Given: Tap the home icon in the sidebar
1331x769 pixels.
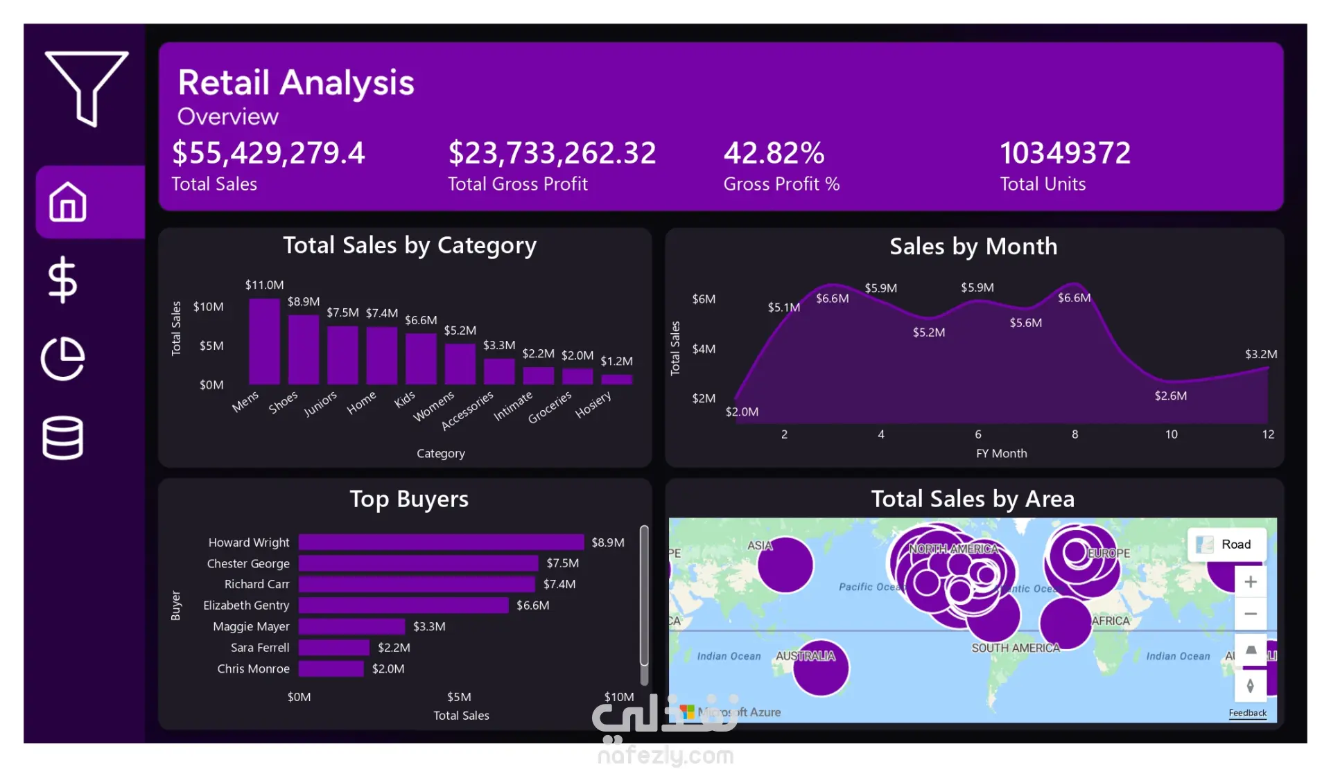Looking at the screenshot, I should [68, 202].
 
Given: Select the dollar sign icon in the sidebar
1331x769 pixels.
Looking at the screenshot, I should [62, 280].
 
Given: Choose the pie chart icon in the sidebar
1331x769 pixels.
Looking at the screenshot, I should [62, 359].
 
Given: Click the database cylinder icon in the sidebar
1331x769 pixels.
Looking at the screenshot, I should [62, 438].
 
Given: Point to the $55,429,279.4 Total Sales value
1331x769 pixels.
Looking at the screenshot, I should [268, 153].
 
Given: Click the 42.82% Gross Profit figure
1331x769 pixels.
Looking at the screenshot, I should [774, 153].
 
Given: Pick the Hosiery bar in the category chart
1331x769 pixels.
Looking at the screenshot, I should [616, 379].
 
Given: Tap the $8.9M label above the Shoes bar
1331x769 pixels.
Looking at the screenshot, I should [304, 302].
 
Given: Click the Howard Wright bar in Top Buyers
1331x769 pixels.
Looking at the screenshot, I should [441, 542].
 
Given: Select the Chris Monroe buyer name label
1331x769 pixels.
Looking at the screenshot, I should [253, 669].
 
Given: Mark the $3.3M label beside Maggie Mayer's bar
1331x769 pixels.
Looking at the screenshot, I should [429, 626].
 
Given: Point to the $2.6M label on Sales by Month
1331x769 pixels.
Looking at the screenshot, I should [1170, 396].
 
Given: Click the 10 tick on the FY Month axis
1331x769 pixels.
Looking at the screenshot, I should [1171, 434].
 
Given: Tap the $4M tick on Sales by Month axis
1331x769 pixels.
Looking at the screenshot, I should [704, 348].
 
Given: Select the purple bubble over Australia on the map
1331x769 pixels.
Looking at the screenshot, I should [821, 667].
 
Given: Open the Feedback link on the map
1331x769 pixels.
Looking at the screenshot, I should [1247, 713].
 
